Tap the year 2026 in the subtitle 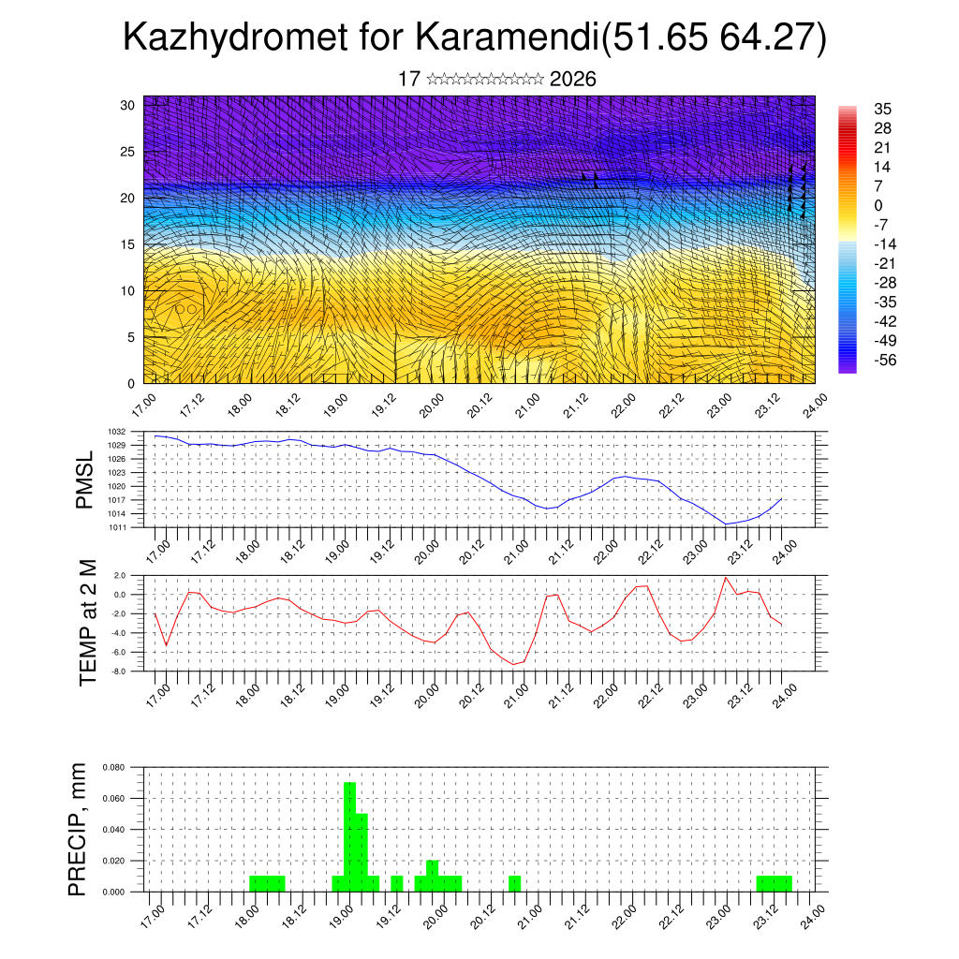click(x=573, y=79)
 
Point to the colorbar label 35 click(x=881, y=109)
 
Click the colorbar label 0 click(x=878, y=205)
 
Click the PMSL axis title click(x=85, y=479)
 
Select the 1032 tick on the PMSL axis click(x=130, y=432)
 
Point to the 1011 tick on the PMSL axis click(x=130, y=527)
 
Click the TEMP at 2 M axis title click(x=88, y=622)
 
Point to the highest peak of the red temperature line click(x=726, y=577)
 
